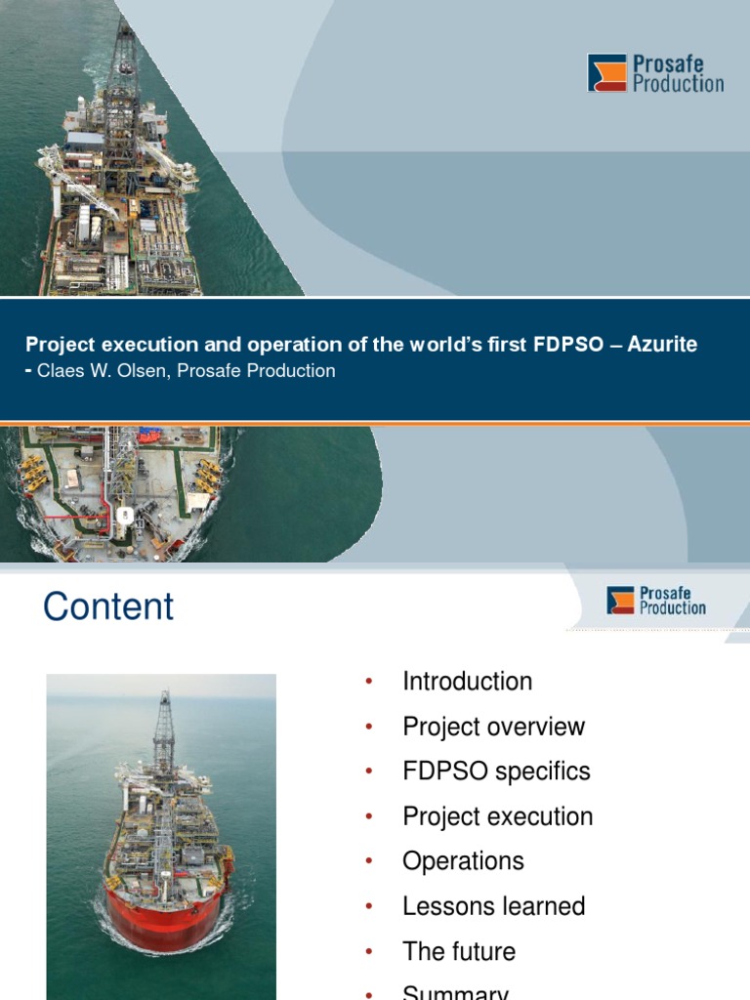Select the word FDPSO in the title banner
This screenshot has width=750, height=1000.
(566, 345)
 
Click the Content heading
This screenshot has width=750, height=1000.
(108, 606)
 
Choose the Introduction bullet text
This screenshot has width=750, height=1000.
(467, 682)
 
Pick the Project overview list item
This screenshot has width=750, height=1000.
(493, 727)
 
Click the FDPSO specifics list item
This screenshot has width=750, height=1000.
(496, 771)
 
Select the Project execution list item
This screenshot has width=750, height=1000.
(497, 816)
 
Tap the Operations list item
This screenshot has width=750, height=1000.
(463, 861)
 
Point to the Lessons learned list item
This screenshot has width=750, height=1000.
(493, 906)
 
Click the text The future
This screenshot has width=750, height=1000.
(459, 951)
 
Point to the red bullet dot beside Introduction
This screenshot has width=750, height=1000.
(369, 683)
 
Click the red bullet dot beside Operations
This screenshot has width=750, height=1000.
(369, 862)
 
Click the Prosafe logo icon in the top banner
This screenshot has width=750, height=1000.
(606, 73)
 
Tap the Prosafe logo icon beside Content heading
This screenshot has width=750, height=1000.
(620, 600)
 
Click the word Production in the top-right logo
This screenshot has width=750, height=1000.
(679, 84)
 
